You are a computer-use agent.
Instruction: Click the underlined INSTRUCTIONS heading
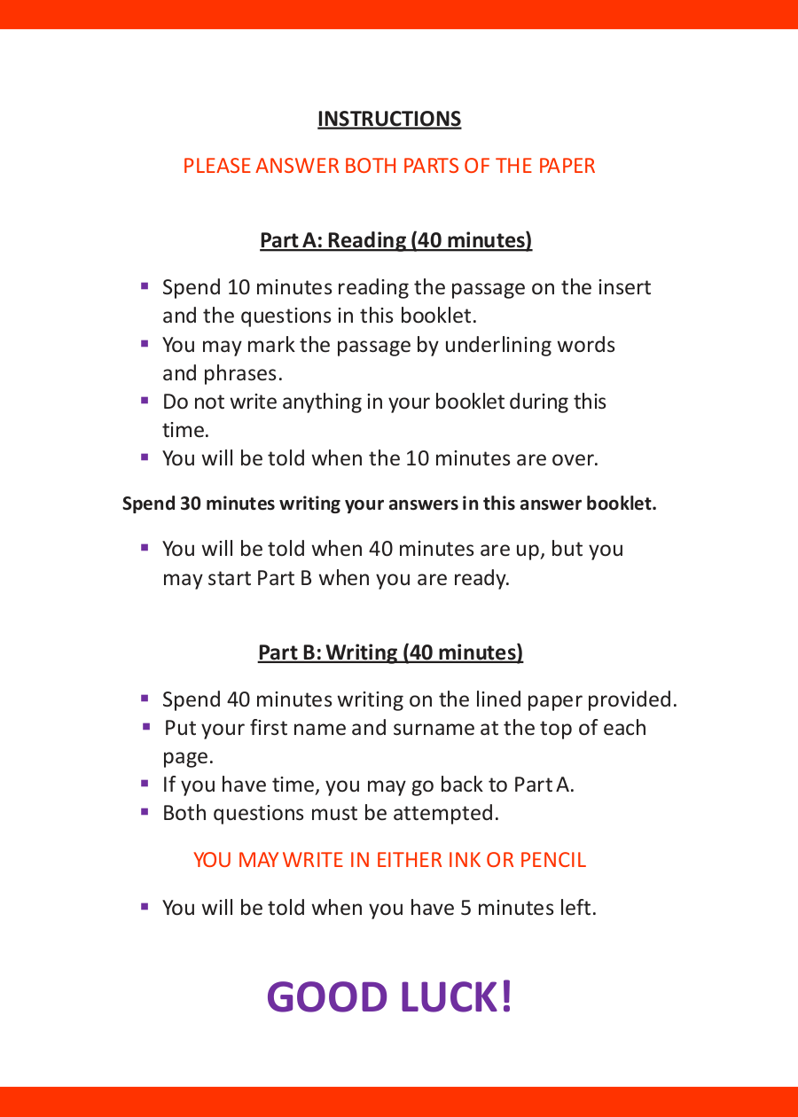389,119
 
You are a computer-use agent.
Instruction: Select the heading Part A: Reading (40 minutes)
396,240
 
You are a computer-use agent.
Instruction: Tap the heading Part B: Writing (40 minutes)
390,652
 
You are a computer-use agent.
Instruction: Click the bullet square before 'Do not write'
145,401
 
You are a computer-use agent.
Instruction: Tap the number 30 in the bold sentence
190,504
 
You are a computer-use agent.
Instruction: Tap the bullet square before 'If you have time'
145,784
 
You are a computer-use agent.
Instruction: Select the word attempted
446,813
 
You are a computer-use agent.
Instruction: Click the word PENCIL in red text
552,860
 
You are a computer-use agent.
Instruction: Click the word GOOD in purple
327,996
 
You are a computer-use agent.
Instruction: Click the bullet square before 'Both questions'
145,812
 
